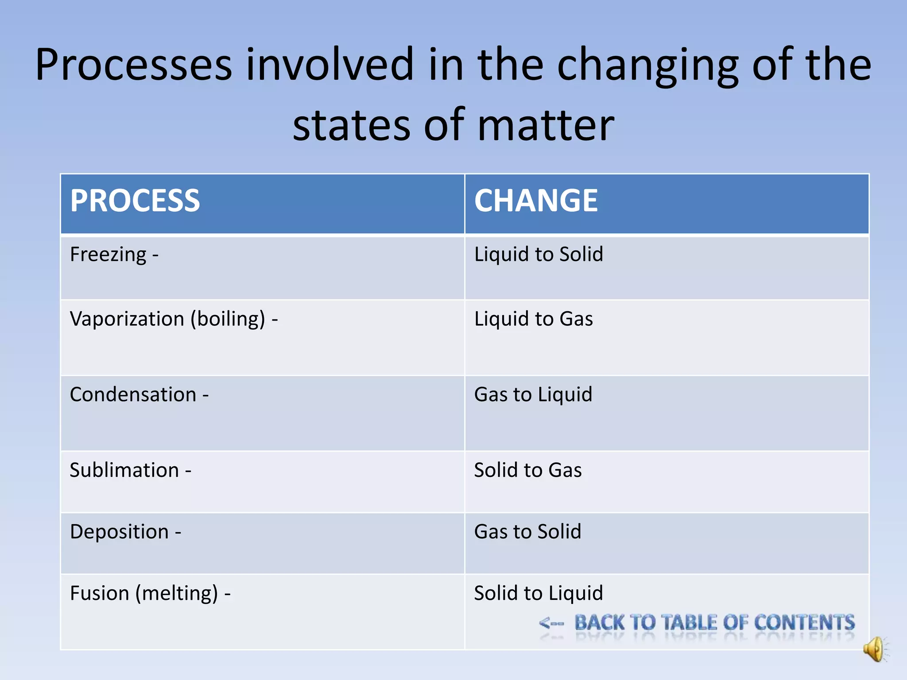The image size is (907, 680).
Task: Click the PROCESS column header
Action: pyautogui.click(x=135, y=201)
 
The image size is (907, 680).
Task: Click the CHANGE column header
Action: pyautogui.click(x=536, y=201)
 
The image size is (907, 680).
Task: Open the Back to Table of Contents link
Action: pyautogui.click(x=714, y=623)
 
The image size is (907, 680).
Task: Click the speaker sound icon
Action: pyautogui.click(x=875, y=649)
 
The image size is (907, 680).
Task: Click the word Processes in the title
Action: pyautogui.click(x=133, y=66)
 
